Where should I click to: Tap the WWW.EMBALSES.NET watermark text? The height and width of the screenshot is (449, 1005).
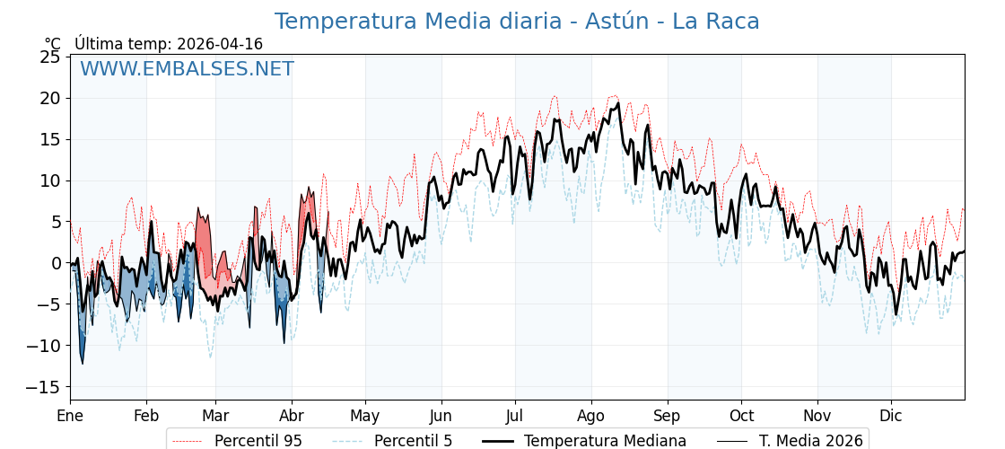click(x=187, y=69)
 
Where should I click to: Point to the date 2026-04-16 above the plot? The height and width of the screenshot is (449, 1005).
click(x=220, y=44)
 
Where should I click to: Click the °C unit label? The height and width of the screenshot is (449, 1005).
click(x=52, y=44)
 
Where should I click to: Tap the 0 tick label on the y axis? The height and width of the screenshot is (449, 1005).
click(x=56, y=263)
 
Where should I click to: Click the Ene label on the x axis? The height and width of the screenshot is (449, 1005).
click(x=70, y=416)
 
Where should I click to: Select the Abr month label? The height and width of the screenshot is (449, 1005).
click(x=292, y=416)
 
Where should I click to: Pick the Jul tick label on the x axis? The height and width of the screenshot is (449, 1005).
click(x=515, y=416)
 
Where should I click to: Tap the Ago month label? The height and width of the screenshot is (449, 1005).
click(x=591, y=416)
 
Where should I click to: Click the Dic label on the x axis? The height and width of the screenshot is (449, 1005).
click(x=891, y=416)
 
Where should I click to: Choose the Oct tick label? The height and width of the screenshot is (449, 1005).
click(x=741, y=416)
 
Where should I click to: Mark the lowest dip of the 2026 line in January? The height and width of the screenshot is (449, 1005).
click(x=83, y=363)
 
